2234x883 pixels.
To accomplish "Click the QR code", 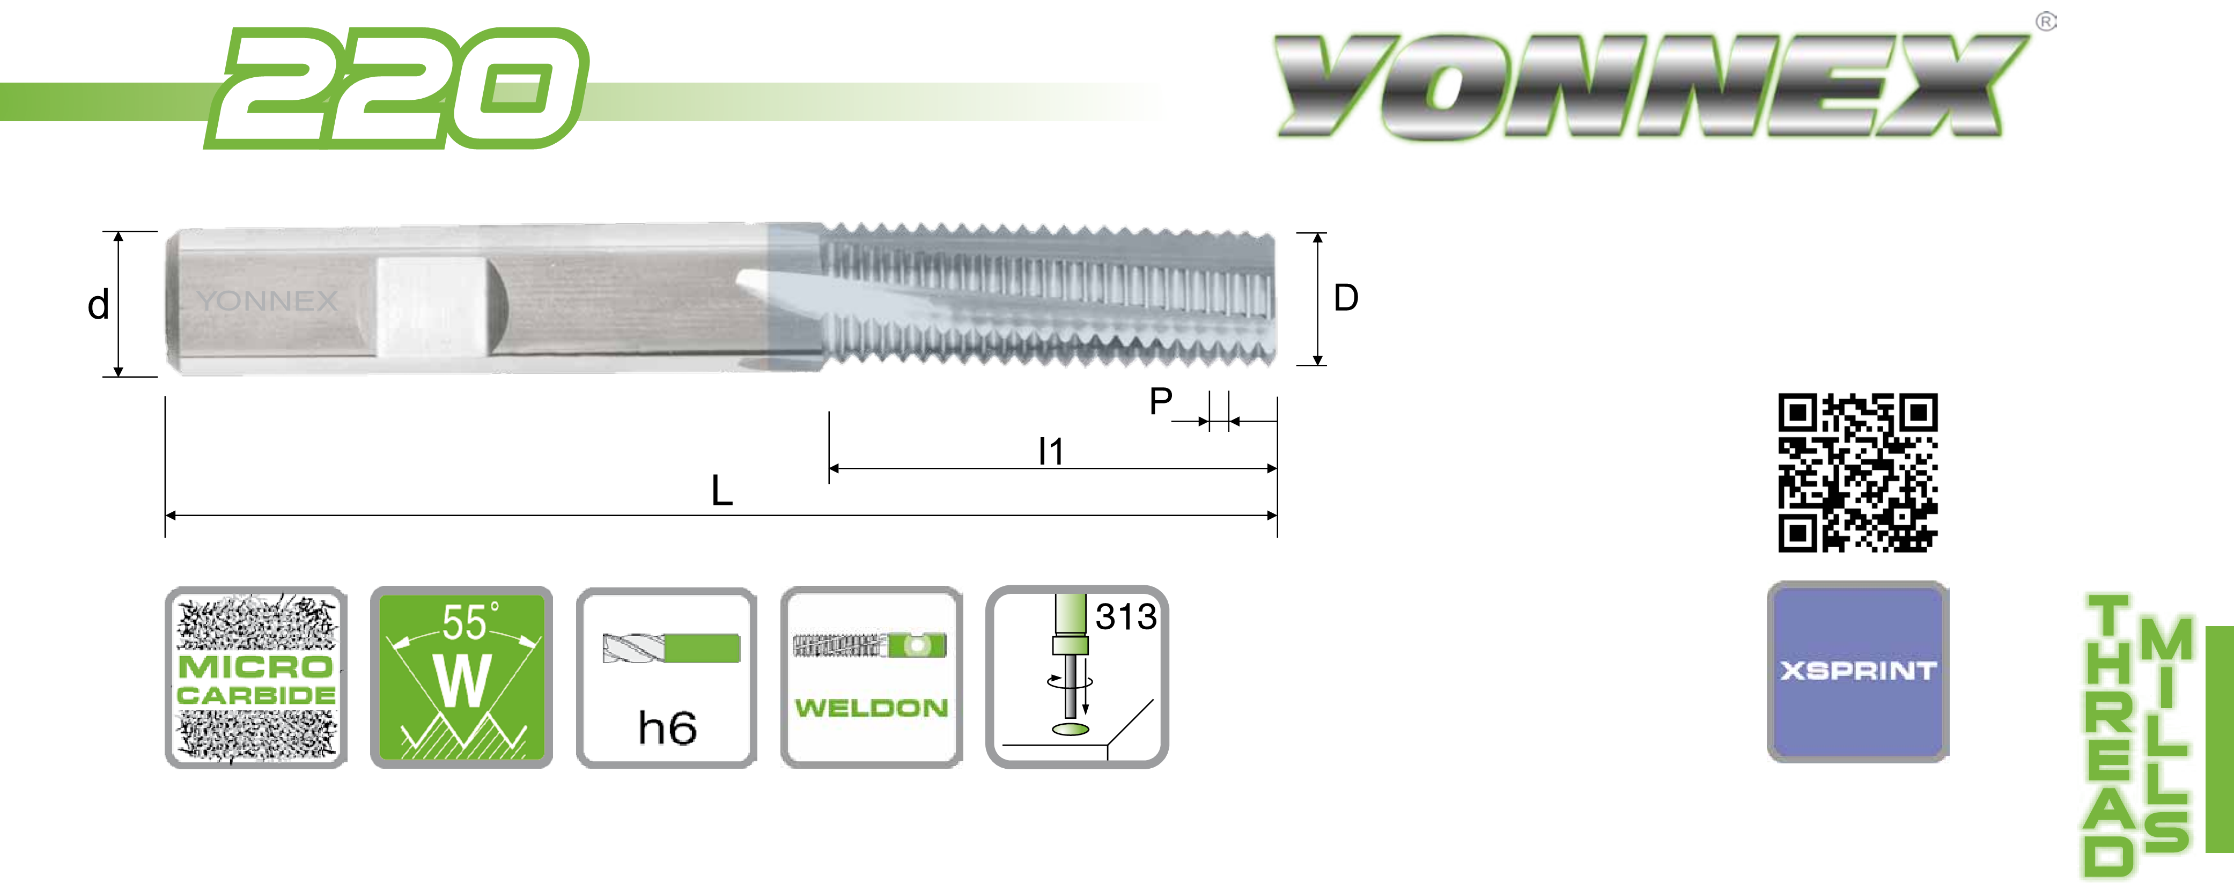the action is [1857, 473].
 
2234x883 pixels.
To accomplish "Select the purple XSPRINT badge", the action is [1857, 671].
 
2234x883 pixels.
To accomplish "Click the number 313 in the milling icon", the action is [1126, 617].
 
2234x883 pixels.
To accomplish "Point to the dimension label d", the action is [98, 305].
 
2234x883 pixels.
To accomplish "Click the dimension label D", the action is [1346, 298].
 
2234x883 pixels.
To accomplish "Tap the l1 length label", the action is [1050, 451].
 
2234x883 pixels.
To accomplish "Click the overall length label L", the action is [721, 491].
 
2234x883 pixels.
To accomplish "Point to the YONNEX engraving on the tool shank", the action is [267, 301].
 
